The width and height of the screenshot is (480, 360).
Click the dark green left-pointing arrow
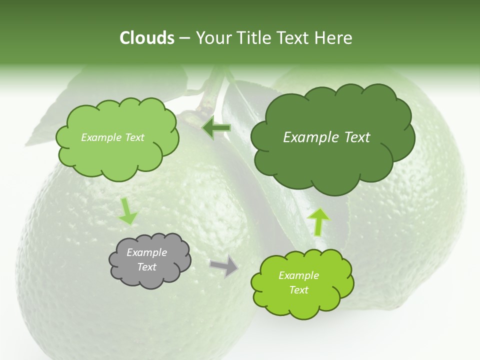tap(216, 128)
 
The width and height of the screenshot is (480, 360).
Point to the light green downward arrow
tap(128, 211)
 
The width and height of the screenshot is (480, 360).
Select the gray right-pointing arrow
tap(224, 265)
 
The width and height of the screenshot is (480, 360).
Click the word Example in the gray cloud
tap(146, 252)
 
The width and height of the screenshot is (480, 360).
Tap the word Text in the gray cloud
tap(146, 267)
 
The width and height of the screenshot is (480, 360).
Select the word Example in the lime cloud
tap(298, 275)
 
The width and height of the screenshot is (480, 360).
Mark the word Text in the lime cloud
tap(298, 290)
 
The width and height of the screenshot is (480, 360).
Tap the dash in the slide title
tap(184, 38)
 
